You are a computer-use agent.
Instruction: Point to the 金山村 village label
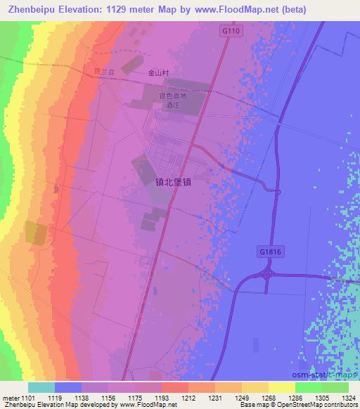(x=159, y=72)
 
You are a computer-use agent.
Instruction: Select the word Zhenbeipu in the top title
(x=30, y=9)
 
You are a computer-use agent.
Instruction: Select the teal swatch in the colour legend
(x=41, y=387)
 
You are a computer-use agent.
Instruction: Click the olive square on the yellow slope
(x=34, y=233)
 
